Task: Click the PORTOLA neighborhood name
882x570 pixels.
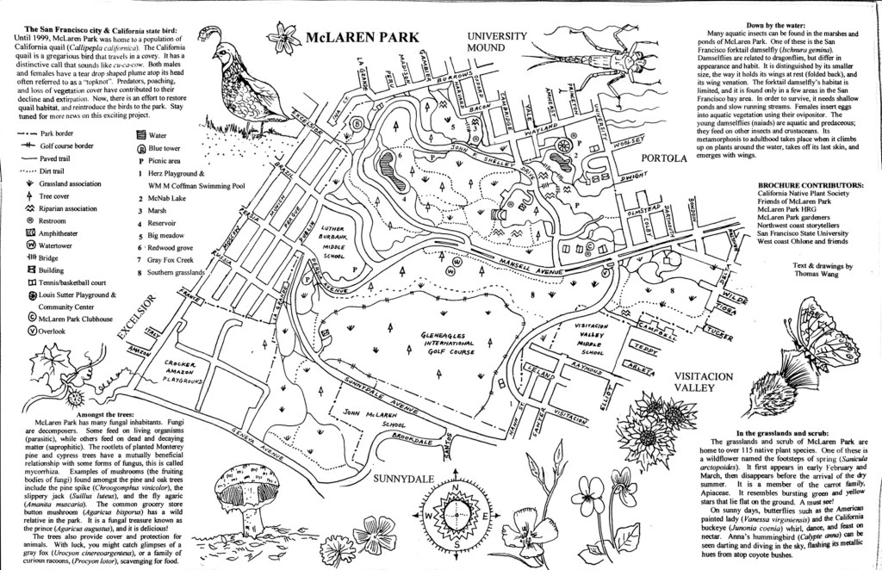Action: [x=663, y=159]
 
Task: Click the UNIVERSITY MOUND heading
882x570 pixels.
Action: [x=497, y=42]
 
